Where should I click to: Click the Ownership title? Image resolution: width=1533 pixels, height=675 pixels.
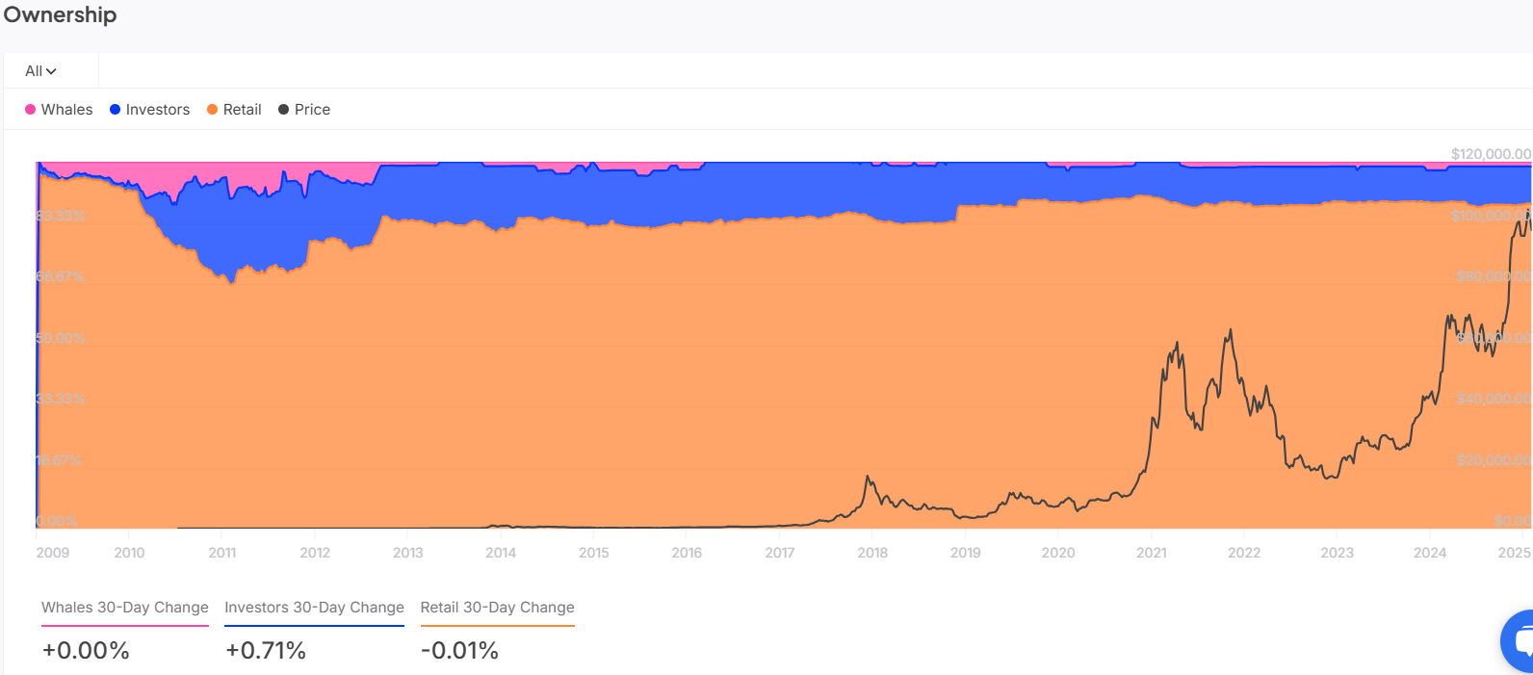[60, 15]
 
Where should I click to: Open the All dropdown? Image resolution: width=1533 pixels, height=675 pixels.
[40, 71]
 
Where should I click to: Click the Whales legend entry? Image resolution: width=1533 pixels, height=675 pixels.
[59, 110]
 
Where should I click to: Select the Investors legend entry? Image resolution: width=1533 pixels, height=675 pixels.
[150, 110]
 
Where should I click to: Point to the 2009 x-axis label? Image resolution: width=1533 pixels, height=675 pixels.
[53, 553]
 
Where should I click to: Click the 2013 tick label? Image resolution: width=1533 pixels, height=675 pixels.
[408, 553]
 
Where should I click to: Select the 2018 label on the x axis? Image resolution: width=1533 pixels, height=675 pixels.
[872, 553]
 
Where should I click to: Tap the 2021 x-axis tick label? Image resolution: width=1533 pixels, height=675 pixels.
[1152, 553]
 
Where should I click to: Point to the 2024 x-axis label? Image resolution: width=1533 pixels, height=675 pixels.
[1430, 553]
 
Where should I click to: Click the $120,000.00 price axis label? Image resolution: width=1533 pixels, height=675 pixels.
[1491, 154]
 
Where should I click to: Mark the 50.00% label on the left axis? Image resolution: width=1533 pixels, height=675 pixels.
[61, 338]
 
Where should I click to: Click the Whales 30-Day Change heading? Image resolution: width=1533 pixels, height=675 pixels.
[125, 608]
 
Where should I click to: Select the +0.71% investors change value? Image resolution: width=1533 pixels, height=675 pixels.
[266, 651]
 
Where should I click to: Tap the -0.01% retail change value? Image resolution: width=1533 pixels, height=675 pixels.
[459, 651]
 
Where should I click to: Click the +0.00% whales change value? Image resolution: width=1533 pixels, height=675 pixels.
[86, 651]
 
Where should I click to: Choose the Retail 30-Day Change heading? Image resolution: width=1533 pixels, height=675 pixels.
[497, 608]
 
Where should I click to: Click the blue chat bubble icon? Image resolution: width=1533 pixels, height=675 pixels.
[1520, 640]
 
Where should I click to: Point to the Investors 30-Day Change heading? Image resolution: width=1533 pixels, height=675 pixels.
[314, 608]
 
